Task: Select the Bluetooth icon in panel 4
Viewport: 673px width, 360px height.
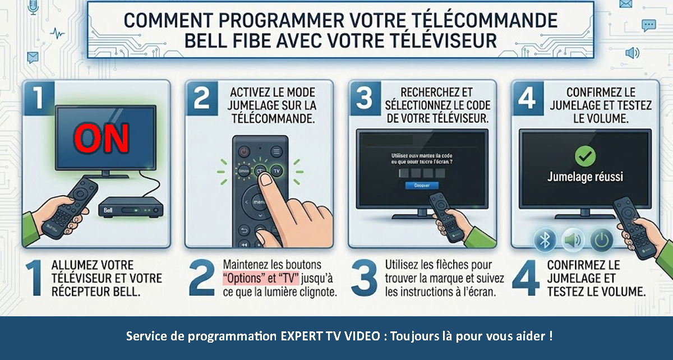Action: (x=544, y=241)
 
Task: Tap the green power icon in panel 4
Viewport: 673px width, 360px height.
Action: (x=601, y=241)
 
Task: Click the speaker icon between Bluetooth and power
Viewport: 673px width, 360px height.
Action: (x=573, y=241)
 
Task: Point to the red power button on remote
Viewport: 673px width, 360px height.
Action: (x=245, y=151)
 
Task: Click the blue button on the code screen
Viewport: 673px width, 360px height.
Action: (x=422, y=184)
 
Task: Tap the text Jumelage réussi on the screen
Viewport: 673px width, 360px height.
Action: (x=585, y=177)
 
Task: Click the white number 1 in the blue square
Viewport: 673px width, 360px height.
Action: (x=39, y=96)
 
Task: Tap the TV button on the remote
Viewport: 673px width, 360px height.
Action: (x=276, y=170)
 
